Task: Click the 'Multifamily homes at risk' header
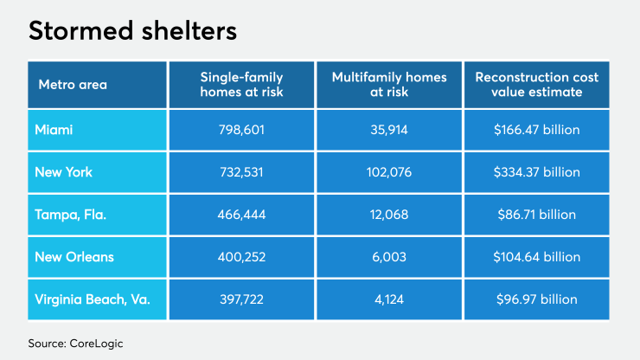click(389, 85)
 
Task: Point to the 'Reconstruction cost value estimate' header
click(536, 85)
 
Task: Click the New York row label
click(63, 172)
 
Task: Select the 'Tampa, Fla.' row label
click(71, 215)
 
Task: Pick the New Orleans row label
click(74, 257)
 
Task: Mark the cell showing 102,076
click(389, 172)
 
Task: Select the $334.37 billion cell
click(536, 172)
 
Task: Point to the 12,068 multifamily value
click(389, 215)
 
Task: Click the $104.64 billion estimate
click(536, 257)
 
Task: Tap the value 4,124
click(389, 299)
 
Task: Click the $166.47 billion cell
click(536, 131)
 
